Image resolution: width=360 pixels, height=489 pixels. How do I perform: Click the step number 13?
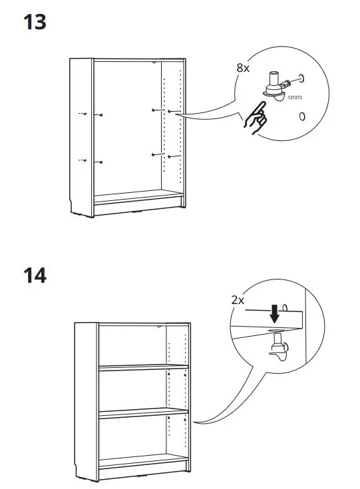tap(35, 22)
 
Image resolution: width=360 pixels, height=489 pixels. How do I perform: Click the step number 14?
tap(35, 275)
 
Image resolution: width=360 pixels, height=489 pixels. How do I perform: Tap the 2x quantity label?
tap(238, 300)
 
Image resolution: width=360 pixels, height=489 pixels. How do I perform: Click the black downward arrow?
tap(273, 311)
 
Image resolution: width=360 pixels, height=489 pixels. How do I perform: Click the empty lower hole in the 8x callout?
tap(302, 116)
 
